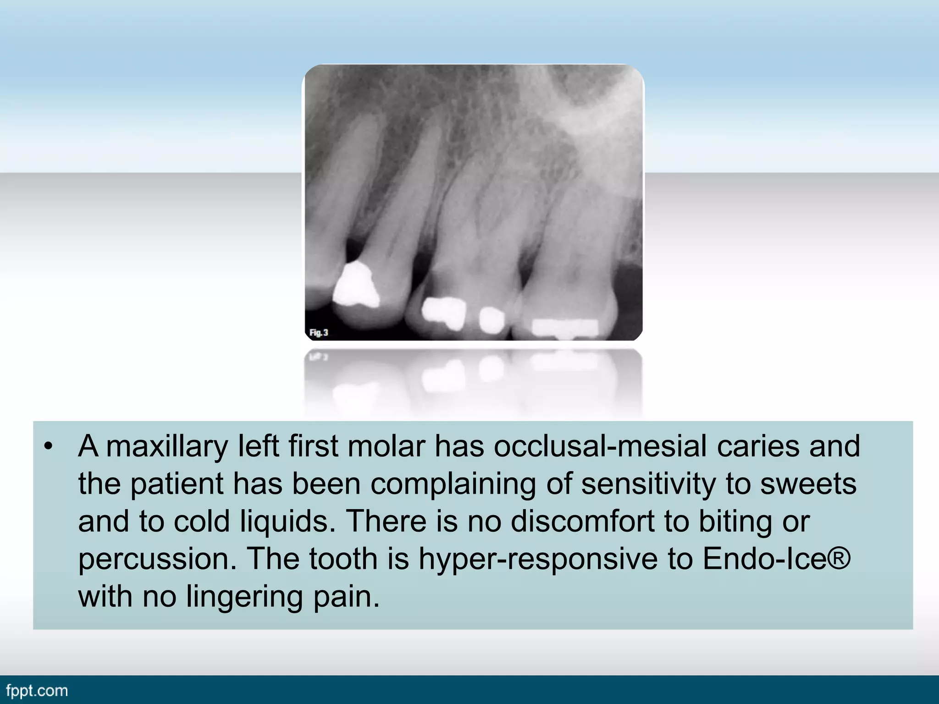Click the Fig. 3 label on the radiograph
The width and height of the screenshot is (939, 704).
319,332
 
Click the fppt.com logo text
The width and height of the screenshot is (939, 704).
37,691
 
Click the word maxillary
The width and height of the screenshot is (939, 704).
167,446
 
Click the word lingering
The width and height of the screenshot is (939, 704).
244,597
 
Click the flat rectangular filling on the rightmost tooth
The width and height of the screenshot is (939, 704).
565,327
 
